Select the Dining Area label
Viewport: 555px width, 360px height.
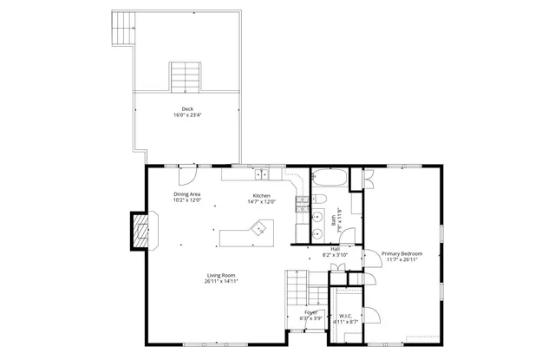187,194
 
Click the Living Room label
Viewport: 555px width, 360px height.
222,275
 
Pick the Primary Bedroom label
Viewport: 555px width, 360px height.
402,253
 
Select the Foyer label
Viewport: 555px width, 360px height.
310,312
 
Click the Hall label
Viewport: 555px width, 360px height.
335,249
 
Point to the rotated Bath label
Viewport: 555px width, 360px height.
334,220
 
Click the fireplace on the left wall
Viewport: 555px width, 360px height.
141,230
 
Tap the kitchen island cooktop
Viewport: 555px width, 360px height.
258,229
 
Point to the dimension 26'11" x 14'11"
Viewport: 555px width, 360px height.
222,281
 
